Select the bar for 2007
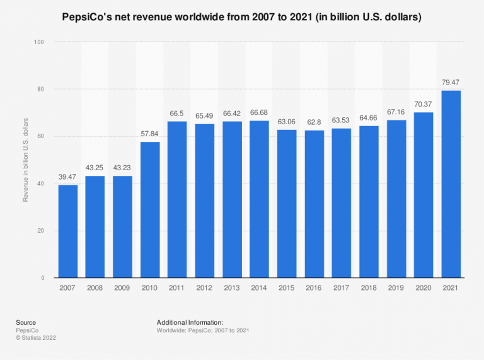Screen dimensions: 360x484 (68, 231)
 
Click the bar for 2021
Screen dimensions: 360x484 (451, 184)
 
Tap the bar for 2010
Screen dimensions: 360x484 (150, 209)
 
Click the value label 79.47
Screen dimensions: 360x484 (451, 83)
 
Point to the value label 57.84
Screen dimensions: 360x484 (150, 134)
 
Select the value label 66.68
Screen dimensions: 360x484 (260, 113)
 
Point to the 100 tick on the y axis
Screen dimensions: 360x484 (39, 42)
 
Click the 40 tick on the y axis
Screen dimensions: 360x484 (41, 183)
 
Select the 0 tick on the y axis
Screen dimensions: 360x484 (43, 278)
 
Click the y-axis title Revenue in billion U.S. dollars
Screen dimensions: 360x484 (26, 160)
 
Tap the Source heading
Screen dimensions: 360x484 (26, 322)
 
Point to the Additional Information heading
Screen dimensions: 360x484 (190, 322)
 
